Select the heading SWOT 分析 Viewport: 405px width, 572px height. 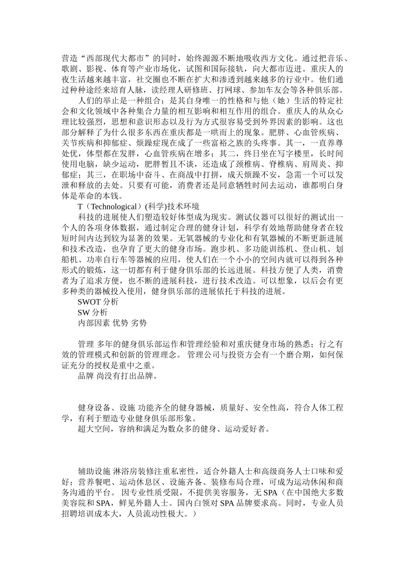(98, 302)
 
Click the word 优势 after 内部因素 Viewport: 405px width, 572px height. (120, 323)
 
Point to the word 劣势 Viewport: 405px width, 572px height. (139, 323)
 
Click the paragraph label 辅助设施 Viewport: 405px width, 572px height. (94, 471)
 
